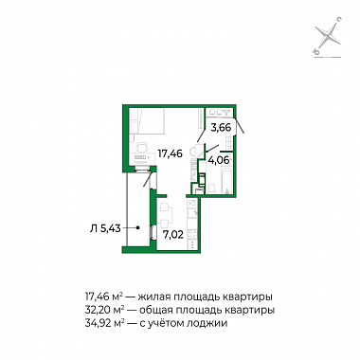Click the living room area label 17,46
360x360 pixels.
171,153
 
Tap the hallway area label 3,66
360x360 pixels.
222,128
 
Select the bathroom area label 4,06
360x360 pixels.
219,160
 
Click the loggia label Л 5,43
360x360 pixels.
105,228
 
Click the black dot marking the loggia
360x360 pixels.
138,227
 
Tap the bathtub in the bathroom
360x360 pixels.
227,179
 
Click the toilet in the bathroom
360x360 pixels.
211,189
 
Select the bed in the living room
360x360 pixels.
149,121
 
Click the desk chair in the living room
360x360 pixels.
142,147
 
